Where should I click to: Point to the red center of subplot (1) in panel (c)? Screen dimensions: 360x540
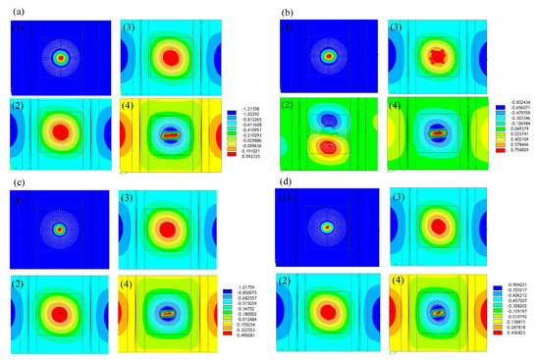[59, 230]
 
